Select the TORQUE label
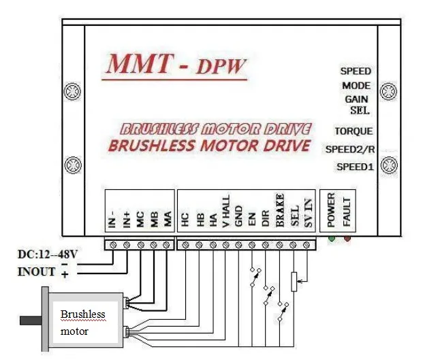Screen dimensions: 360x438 click(354, 131)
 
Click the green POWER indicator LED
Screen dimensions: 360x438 click(332, 238)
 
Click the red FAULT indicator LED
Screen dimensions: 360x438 click(347, 238)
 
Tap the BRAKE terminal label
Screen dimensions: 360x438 click(280, 209)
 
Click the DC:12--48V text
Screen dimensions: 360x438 click(47, 255)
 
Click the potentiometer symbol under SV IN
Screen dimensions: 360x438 click(294, 280)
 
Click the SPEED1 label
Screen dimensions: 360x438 click(354, 167)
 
